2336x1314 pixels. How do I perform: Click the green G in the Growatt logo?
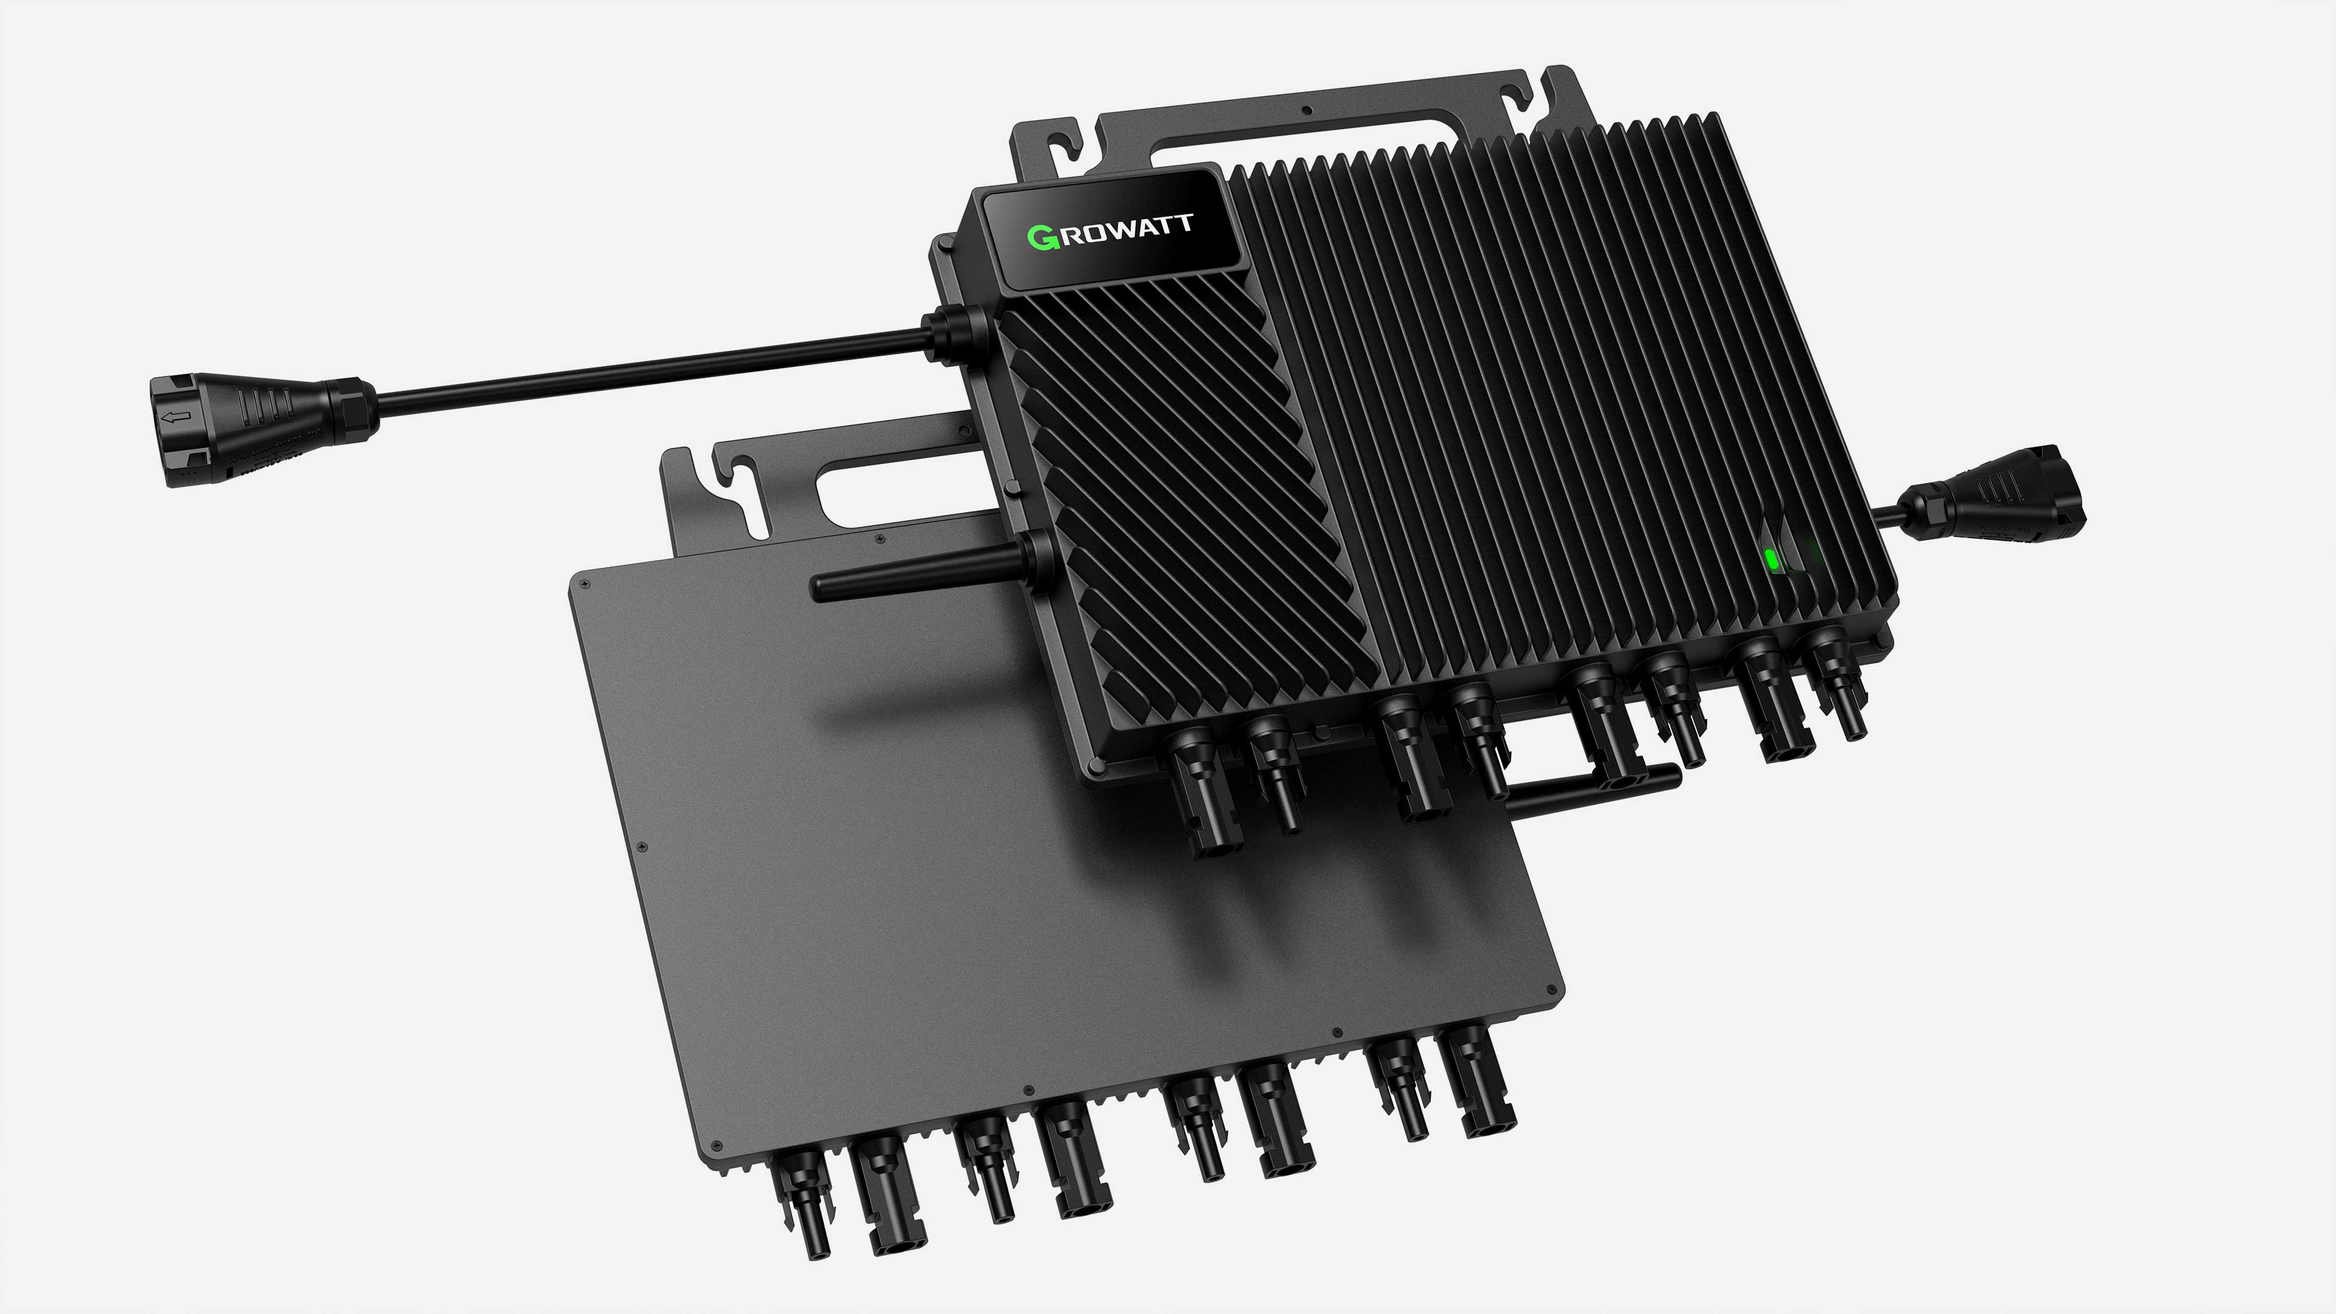click(1041, 238)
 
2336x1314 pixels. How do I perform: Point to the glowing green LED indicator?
click(1771, 560)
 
